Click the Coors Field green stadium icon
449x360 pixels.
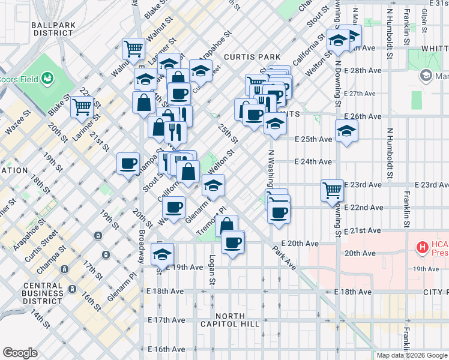click(x=47, y=78)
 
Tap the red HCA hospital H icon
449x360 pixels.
click(x=423, y=247)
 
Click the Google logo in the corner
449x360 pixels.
click(x=20, y=353)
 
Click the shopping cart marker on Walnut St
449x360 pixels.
click(x=134, y=47)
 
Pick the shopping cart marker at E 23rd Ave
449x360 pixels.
click(x=332, y=190)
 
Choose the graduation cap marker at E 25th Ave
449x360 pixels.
click(x=346, y=130)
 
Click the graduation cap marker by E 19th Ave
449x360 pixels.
click(x=162, y=254)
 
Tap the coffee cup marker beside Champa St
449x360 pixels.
click(x=128, y=163)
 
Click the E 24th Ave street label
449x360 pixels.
click(x=313, y=161)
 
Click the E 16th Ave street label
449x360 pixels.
click(x=166, y=349)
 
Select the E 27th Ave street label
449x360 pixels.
click(x=360, y=94)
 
